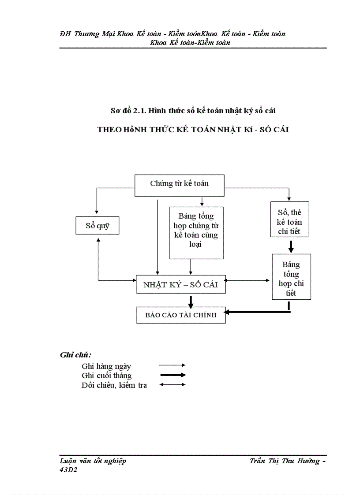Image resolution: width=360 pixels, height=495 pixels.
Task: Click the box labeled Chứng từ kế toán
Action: coord(179,185)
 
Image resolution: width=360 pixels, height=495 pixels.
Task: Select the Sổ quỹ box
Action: coord(97,226)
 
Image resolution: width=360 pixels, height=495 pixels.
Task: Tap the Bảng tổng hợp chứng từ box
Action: coord(196,232)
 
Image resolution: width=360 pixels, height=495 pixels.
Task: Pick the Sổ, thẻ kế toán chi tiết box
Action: coord(289,219)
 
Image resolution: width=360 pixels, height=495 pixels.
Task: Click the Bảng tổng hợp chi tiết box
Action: coord(291,277)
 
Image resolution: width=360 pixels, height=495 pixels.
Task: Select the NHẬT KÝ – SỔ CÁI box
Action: coord(180,285)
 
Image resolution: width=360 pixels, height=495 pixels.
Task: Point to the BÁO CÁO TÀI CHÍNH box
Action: coord(180,315)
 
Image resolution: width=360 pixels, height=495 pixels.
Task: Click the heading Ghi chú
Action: coord(75,355)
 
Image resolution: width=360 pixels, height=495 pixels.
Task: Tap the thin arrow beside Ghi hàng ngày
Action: coord(172,365)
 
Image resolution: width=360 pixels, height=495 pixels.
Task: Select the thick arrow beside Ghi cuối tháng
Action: coord(172,375)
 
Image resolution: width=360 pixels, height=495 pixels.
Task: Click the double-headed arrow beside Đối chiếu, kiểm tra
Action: coord(172,385)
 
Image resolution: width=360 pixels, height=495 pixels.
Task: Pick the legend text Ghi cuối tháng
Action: coord(106,376)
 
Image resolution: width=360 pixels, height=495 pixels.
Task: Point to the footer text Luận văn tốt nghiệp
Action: coord(93,461)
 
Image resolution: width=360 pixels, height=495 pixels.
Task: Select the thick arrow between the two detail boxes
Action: coord(291,246)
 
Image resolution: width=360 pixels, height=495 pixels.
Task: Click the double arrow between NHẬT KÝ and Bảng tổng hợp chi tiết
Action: coord(248,280)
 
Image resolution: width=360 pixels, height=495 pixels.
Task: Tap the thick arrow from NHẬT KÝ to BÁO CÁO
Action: coord(191,301)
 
